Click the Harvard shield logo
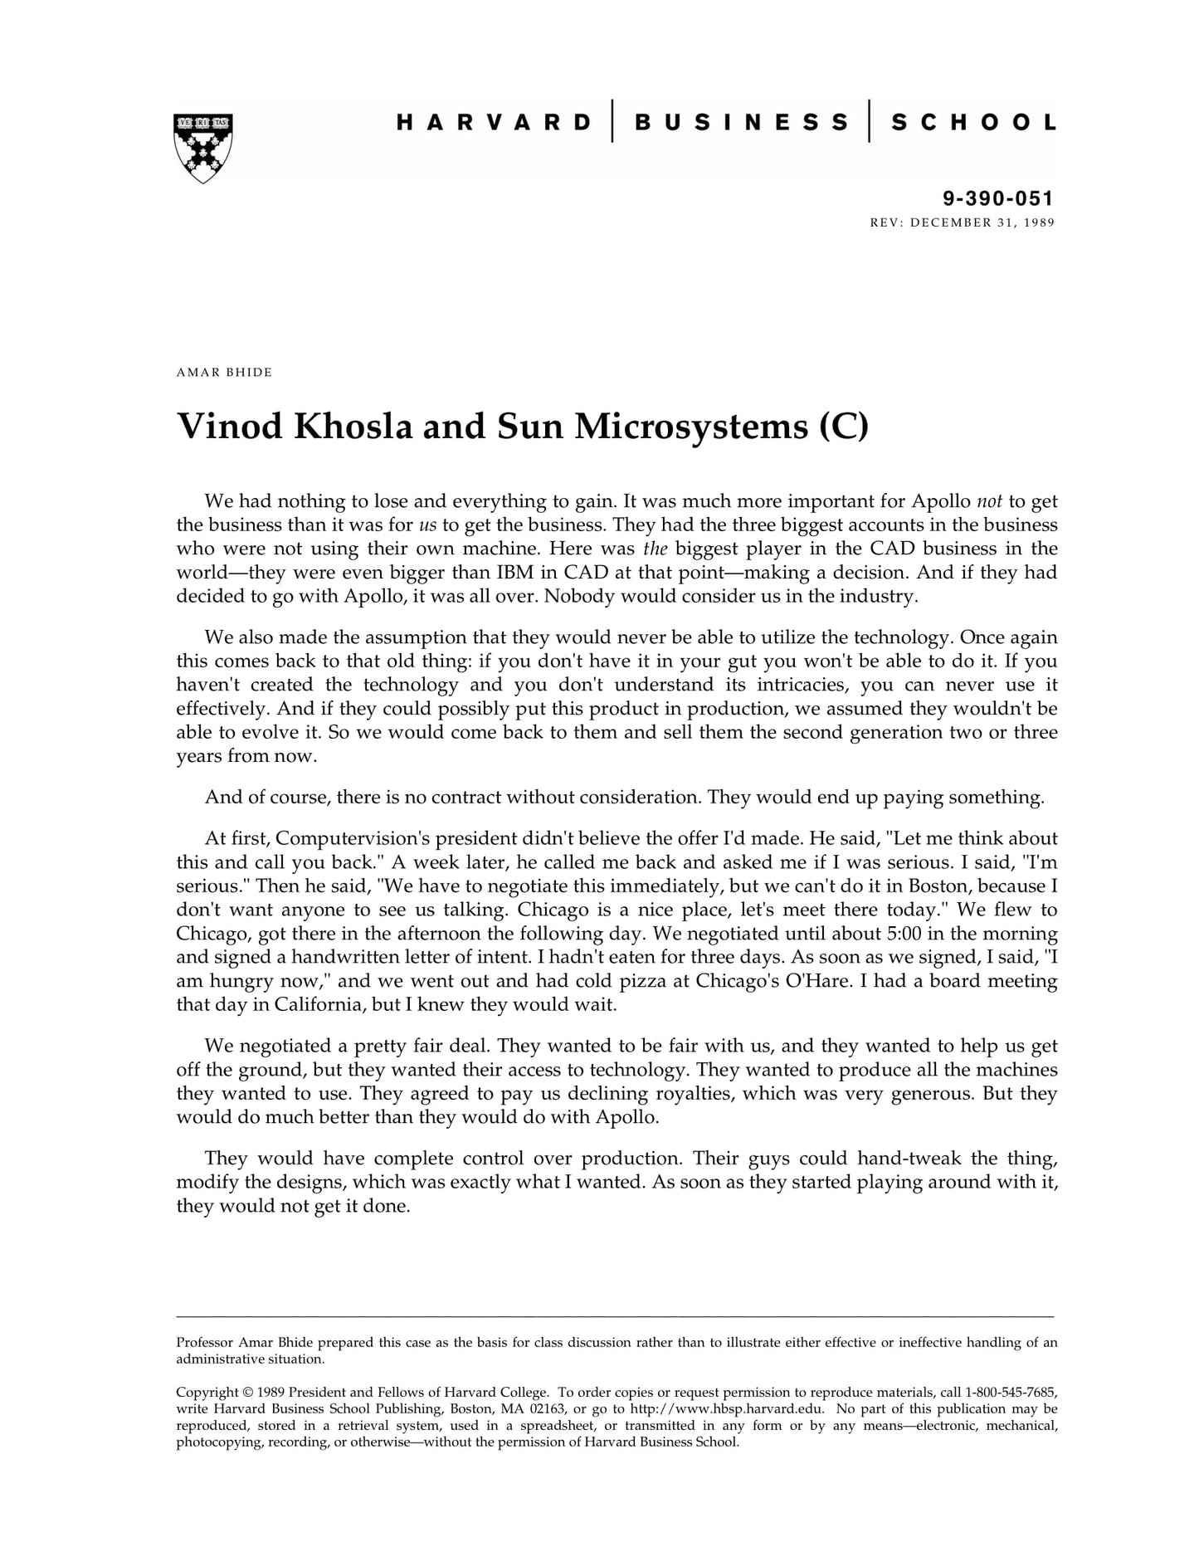[202, 148]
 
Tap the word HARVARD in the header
[494, 123]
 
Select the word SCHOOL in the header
[973, 123]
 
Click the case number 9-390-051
[997, 198]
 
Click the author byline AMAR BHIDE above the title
[224, 372]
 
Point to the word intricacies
[789, 685]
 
